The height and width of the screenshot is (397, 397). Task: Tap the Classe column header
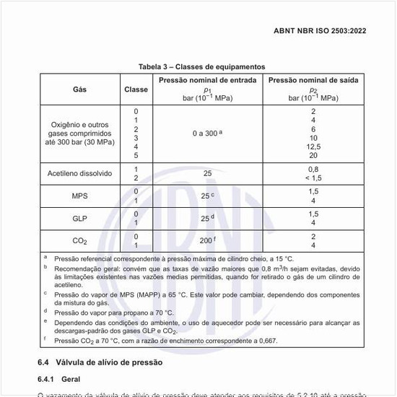135,90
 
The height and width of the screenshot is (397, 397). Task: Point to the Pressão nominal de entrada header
207,80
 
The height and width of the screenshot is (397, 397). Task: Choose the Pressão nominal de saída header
313,80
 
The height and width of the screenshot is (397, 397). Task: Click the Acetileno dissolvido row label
79,174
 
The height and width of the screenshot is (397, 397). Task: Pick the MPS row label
79,196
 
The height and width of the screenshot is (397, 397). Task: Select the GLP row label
79,219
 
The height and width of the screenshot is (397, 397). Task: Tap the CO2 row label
79,241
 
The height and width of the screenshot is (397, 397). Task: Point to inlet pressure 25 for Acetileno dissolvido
207,174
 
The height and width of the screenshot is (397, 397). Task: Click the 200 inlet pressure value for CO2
206,240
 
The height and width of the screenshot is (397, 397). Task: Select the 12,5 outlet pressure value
313,147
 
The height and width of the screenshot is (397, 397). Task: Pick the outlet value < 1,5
313,178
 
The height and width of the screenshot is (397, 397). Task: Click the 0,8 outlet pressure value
313,170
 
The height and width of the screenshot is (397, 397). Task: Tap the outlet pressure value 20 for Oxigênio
313,155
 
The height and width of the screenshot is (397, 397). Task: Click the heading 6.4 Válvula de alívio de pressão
100,361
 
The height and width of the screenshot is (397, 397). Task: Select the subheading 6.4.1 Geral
63,378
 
